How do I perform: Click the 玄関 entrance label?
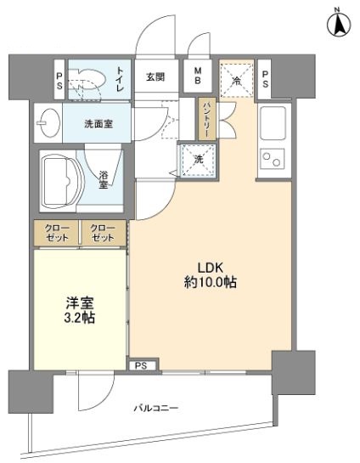tap(155, 76)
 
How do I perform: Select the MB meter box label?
tap(197, 76)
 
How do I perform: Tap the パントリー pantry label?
tap(206, 119)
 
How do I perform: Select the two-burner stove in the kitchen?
tap(274, 160)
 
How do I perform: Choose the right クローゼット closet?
tap(102, 232)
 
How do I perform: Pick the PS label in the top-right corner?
tap(265, 79)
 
